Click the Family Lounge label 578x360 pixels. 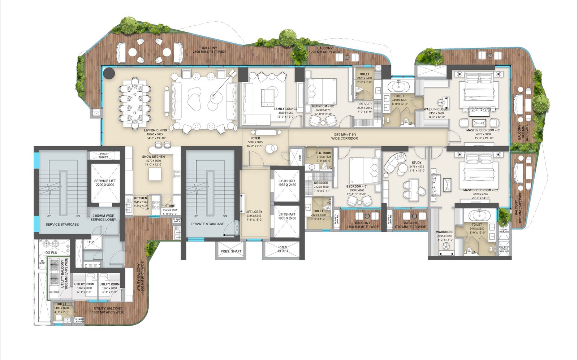click(x=285, y=109)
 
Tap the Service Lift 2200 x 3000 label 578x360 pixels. click(x=105, y=183)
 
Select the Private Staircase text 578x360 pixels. click(x=207, y=224)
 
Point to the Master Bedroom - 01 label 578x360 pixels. click(x=483, y=130)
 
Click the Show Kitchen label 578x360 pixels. click(x=153, y=157)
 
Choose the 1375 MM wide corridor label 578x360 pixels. click(x=344, y=136)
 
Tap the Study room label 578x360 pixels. click(x=416, y=162)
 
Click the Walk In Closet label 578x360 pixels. click(x=436, y=109)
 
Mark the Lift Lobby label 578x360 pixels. click(x=254, y=212)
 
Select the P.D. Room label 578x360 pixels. click(x=324, y=153)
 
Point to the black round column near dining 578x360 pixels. click(x=109, y=73)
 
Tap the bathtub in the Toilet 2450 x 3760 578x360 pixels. click(x=399, y=87)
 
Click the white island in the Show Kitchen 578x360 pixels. click(x=155, y=174)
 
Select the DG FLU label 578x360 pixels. click(x=51, y=252)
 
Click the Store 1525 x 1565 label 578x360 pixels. click(x=170, y=206)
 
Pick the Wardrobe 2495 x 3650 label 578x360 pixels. click(x=444, y=232)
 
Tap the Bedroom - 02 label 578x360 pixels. click(x=323, y=106)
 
